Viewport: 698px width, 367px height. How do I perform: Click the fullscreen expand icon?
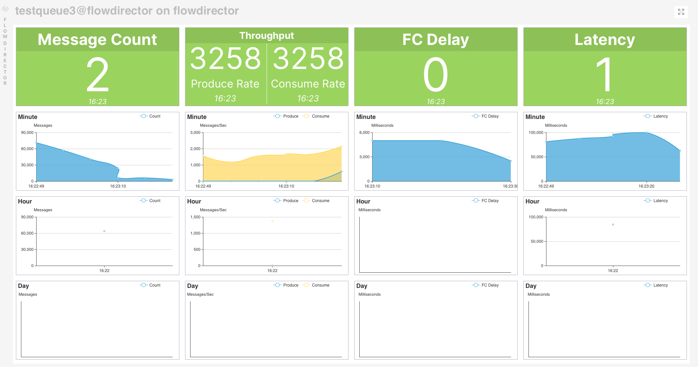(681, 12)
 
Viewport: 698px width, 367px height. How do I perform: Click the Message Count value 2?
(97, 75)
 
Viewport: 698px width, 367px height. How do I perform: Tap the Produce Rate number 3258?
(225, 58)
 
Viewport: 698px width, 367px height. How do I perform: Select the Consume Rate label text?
(308, 84)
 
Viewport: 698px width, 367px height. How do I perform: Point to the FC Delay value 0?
(435, 75)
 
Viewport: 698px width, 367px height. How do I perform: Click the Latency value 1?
(605, 75)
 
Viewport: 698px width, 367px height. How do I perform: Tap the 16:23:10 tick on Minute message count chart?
(118, 186)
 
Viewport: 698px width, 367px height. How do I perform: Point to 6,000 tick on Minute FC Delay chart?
(364, 132)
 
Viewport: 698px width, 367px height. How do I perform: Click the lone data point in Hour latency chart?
(613, 225)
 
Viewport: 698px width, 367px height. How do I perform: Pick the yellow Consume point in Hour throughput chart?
(272, 221)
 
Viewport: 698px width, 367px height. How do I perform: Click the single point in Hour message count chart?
(104, 231)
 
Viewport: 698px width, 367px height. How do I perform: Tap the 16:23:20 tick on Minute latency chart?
(646, 186)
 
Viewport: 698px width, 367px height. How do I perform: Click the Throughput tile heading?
(267, 36)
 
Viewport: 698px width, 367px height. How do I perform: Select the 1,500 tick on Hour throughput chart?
(195, 217)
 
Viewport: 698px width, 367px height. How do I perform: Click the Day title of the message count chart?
(23, 286)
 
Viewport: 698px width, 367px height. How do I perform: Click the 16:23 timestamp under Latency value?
(605, 101)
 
